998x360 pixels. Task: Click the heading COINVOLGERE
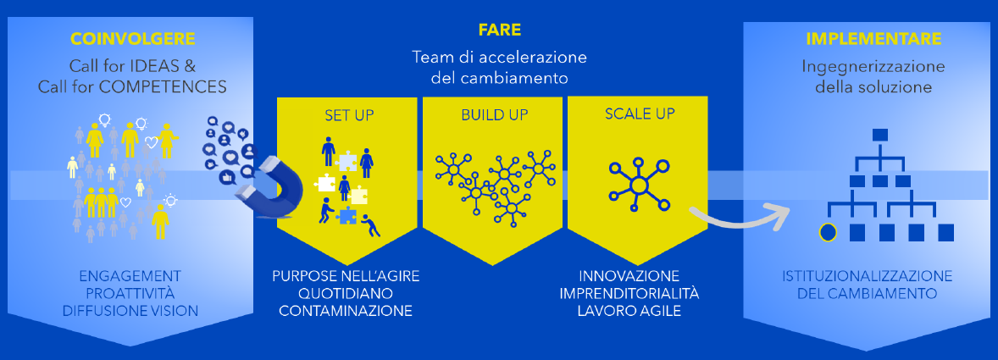pyautogui.click(x=132, y=40)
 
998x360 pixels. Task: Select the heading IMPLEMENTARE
pyautogui.click(x=874, y=39)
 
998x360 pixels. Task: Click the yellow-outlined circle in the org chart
pyautogui.click(x=827, y=233)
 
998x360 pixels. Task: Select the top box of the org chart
pyautogui.click(x=879, y=135)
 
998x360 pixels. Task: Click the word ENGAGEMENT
pyautogui.click(x=130, y=277)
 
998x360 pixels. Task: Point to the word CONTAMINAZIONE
pyautogui.click(x=346, y=311)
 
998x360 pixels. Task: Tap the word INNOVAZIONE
pyautogui.click(x=629, y=277)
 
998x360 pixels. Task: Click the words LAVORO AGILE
pyautogui.click(x=629, y=311)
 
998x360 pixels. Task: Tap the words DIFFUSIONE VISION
pyautogui.click(x=130, y=311)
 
